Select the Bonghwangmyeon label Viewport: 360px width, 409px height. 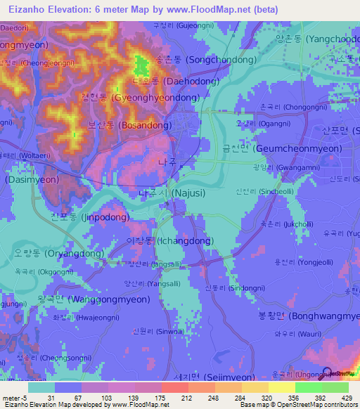[x=316, y=316]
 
